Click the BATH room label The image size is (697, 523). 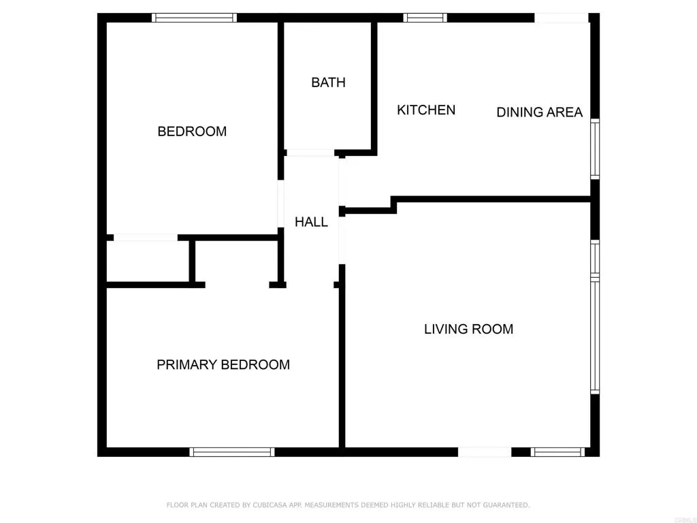click(328, 82)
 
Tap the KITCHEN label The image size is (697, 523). click(426, 110)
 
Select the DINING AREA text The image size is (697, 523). click(539, 112)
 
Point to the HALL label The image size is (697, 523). click(311, 222)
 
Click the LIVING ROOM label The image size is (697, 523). click(468, 330)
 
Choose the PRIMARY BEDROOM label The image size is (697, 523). click(223, 365)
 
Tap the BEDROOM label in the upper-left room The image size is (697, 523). click(192, 131)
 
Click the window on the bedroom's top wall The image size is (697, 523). click(194, 18)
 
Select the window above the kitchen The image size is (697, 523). click(425, 18)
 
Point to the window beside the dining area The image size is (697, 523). click(595, 148)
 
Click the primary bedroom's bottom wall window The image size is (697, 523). click(231, 451)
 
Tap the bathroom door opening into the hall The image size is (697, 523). click(310, 153)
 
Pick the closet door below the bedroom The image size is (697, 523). click(145, 238)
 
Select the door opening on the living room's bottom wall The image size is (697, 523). click(484, 451)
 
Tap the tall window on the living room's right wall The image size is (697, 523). click(595, 336)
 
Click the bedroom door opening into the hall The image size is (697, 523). click(280, 203)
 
